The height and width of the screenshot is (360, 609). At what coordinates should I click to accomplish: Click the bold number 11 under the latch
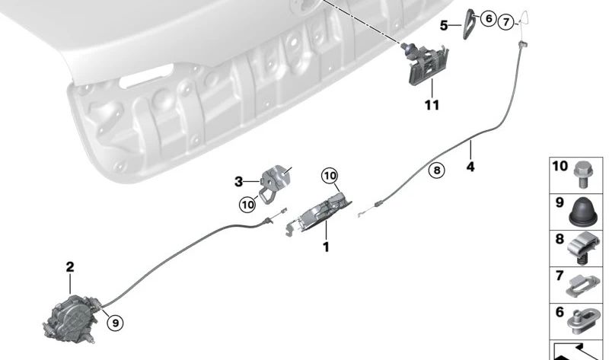click(x=432, y=105)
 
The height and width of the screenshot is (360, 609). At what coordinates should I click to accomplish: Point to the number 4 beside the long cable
click(x=470, y=166)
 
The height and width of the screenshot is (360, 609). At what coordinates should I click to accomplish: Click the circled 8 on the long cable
click(x=435, y=171)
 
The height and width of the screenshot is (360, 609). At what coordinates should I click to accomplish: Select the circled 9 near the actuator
click(x=113, y=323)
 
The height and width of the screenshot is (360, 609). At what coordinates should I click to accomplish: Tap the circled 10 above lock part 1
click(x=329, y=176)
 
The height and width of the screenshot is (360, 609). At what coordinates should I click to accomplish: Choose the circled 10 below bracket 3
click(x=247, y=204)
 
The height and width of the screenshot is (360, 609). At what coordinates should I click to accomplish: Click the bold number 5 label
click(x=444, y=25)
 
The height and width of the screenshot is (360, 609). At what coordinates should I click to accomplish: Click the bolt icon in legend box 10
click(x=585, y=173)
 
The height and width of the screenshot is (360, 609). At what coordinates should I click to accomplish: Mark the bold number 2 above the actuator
click(x=70, y=267)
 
